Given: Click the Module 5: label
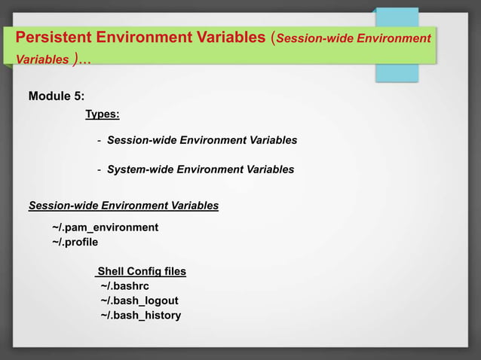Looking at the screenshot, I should click(57, 96).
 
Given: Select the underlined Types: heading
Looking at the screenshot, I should click(102, 114).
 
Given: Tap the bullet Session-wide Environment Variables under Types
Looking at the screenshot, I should click(202, 140).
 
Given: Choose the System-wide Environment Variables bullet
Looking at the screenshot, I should click(201, 169).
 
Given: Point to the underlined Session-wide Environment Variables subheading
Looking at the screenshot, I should click(123, 205).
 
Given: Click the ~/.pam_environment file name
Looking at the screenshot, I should click(105, 227).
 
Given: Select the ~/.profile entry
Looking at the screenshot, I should click(75, 242).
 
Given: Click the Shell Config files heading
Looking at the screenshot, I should click(141, 271).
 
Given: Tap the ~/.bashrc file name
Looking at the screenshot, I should click(124, 285).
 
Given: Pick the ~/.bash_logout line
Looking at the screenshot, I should click(139, 301).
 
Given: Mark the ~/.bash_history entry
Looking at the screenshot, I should click(141, 315).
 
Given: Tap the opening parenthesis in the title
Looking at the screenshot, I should click(272, 38).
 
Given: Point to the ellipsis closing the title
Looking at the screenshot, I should click(82, 59).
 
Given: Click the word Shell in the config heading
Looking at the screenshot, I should click(110, 271).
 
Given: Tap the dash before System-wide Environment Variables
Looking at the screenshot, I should click(100, 169).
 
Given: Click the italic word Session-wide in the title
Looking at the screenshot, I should click(313, 38).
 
